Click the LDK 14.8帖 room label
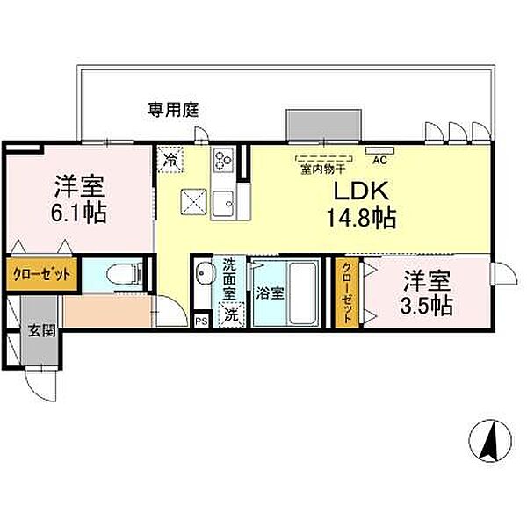pyautogui.click(x=362, y=205)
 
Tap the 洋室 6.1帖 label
pyautogui.click(x=79, y=199)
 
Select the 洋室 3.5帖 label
pyautogui.click(x=427, y=293)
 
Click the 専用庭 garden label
pyautogui.click(x=173, y=110)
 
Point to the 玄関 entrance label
pyautogui.click(x=41, y=331)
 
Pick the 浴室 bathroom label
pyautogui.click(x=271, y=293)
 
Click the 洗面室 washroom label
pyautogui.click(x=230, y=279)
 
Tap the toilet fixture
pyautogui.click(x=124, y=273)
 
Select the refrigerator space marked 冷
pyautogui.click(x=170, y=159)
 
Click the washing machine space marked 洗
pyautogui.click(x=231, y=315)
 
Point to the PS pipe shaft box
pyautogui.click(x=202, y=321)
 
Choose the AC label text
pyautogui.click(x=379, y=160)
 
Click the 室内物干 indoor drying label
pyautogui.click(x=323, y=170)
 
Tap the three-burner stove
pyautogui.click(x=223, y=160)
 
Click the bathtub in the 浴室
pyautogui.click(x=302, y=292)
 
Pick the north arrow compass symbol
pyautogui.click(x=491, y=440)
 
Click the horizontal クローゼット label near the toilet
pyautogui.click(x=41, y=275)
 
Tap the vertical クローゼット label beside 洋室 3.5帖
pyautogui.click(x=347, y=293)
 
